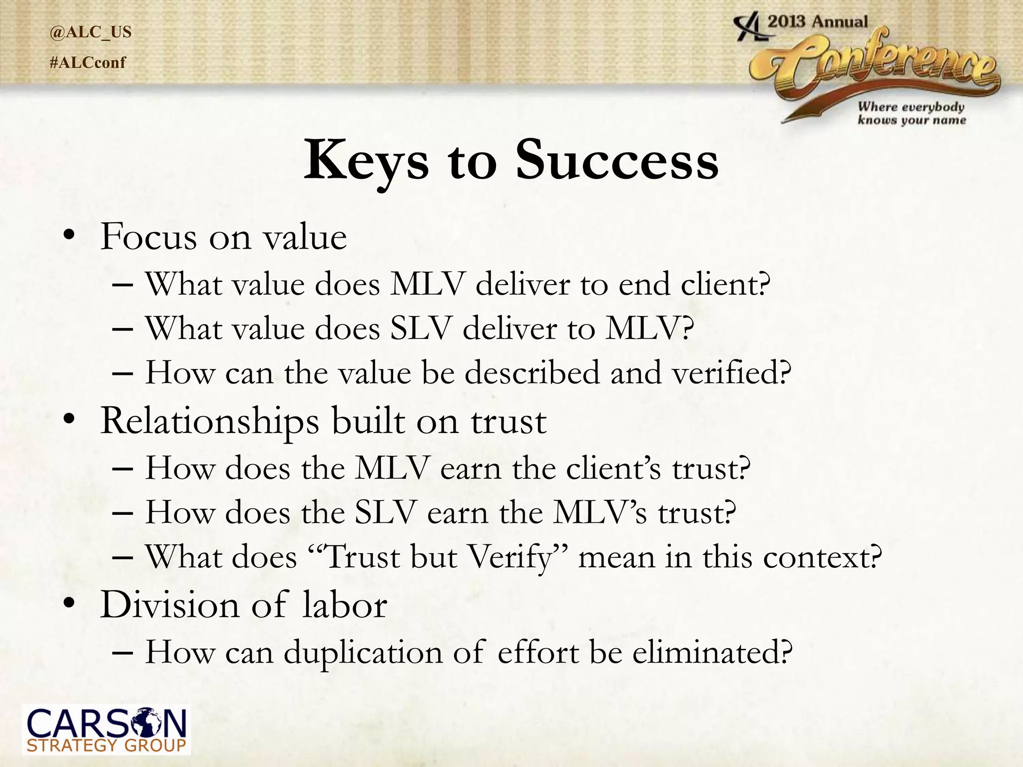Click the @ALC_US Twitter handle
point(90,32)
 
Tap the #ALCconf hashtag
point(88,63)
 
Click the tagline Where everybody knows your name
point(912,113)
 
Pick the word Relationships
point(209,422)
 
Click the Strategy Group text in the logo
point(106,746)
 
